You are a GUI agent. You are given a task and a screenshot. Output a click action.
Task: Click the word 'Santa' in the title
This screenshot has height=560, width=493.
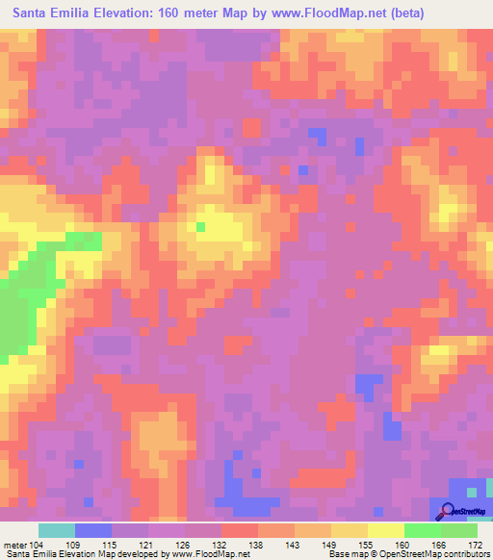(34, 14)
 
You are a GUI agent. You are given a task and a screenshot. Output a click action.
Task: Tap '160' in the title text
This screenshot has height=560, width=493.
(170, 14)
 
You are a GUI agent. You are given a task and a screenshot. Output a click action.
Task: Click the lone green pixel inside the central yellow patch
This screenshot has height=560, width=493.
(200, 227)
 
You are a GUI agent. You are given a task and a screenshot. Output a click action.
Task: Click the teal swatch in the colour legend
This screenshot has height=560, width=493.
(57, 530)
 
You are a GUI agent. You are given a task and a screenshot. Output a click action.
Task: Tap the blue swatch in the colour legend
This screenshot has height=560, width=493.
(93, 530)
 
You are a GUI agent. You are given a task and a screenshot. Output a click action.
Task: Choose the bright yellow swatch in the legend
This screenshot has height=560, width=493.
(386, 530)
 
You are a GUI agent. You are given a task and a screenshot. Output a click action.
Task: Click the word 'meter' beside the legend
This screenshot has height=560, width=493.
(13, 544)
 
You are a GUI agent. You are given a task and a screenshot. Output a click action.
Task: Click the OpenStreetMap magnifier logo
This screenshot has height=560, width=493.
(449, 510)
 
